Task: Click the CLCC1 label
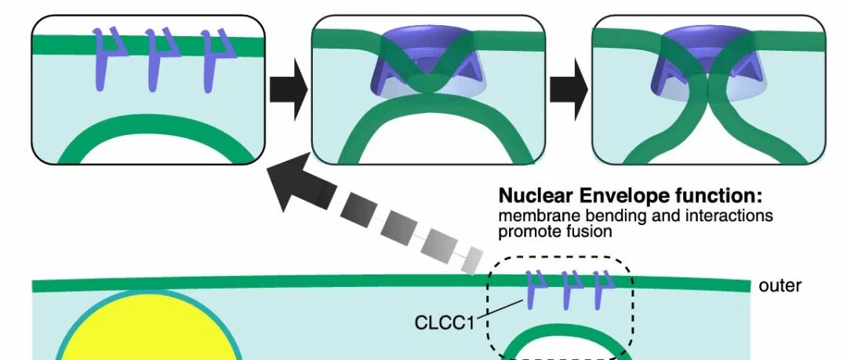click(444, 322)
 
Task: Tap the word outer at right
click(780, 285)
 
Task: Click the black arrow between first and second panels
click(289, 89)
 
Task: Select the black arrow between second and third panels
click(569, 89)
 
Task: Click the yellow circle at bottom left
click(148, 329)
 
